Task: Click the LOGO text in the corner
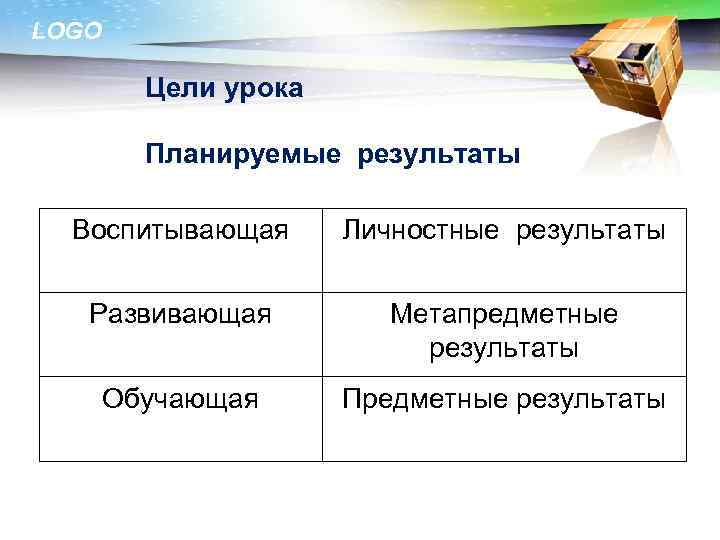[67, 32]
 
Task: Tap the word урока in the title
[262, 90]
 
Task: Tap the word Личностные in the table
[420, 231]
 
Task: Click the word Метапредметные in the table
[504, 315]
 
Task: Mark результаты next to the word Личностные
[591, 231]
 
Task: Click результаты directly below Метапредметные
[504, 349]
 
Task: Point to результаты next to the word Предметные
[591, 400]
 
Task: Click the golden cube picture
[620, 75]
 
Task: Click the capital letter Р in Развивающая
[97, 315]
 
